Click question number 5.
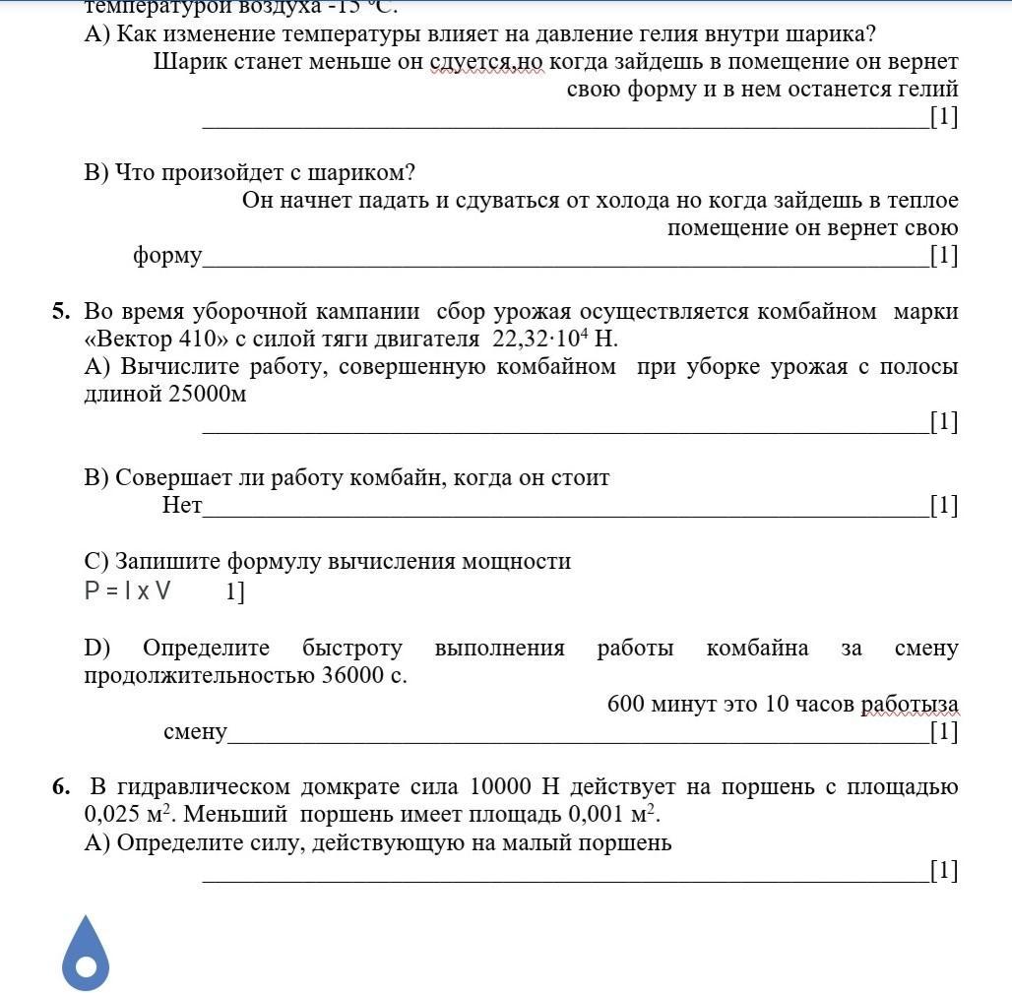click(61, 312)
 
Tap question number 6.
click(61, 787)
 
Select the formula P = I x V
click(128, 591)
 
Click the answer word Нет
click(182, 506)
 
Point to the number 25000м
click(204, 395)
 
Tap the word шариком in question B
click(361, 173)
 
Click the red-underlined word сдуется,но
click(486, 62)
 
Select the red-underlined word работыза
click(910, 705)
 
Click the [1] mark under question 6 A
click(943, 870)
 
